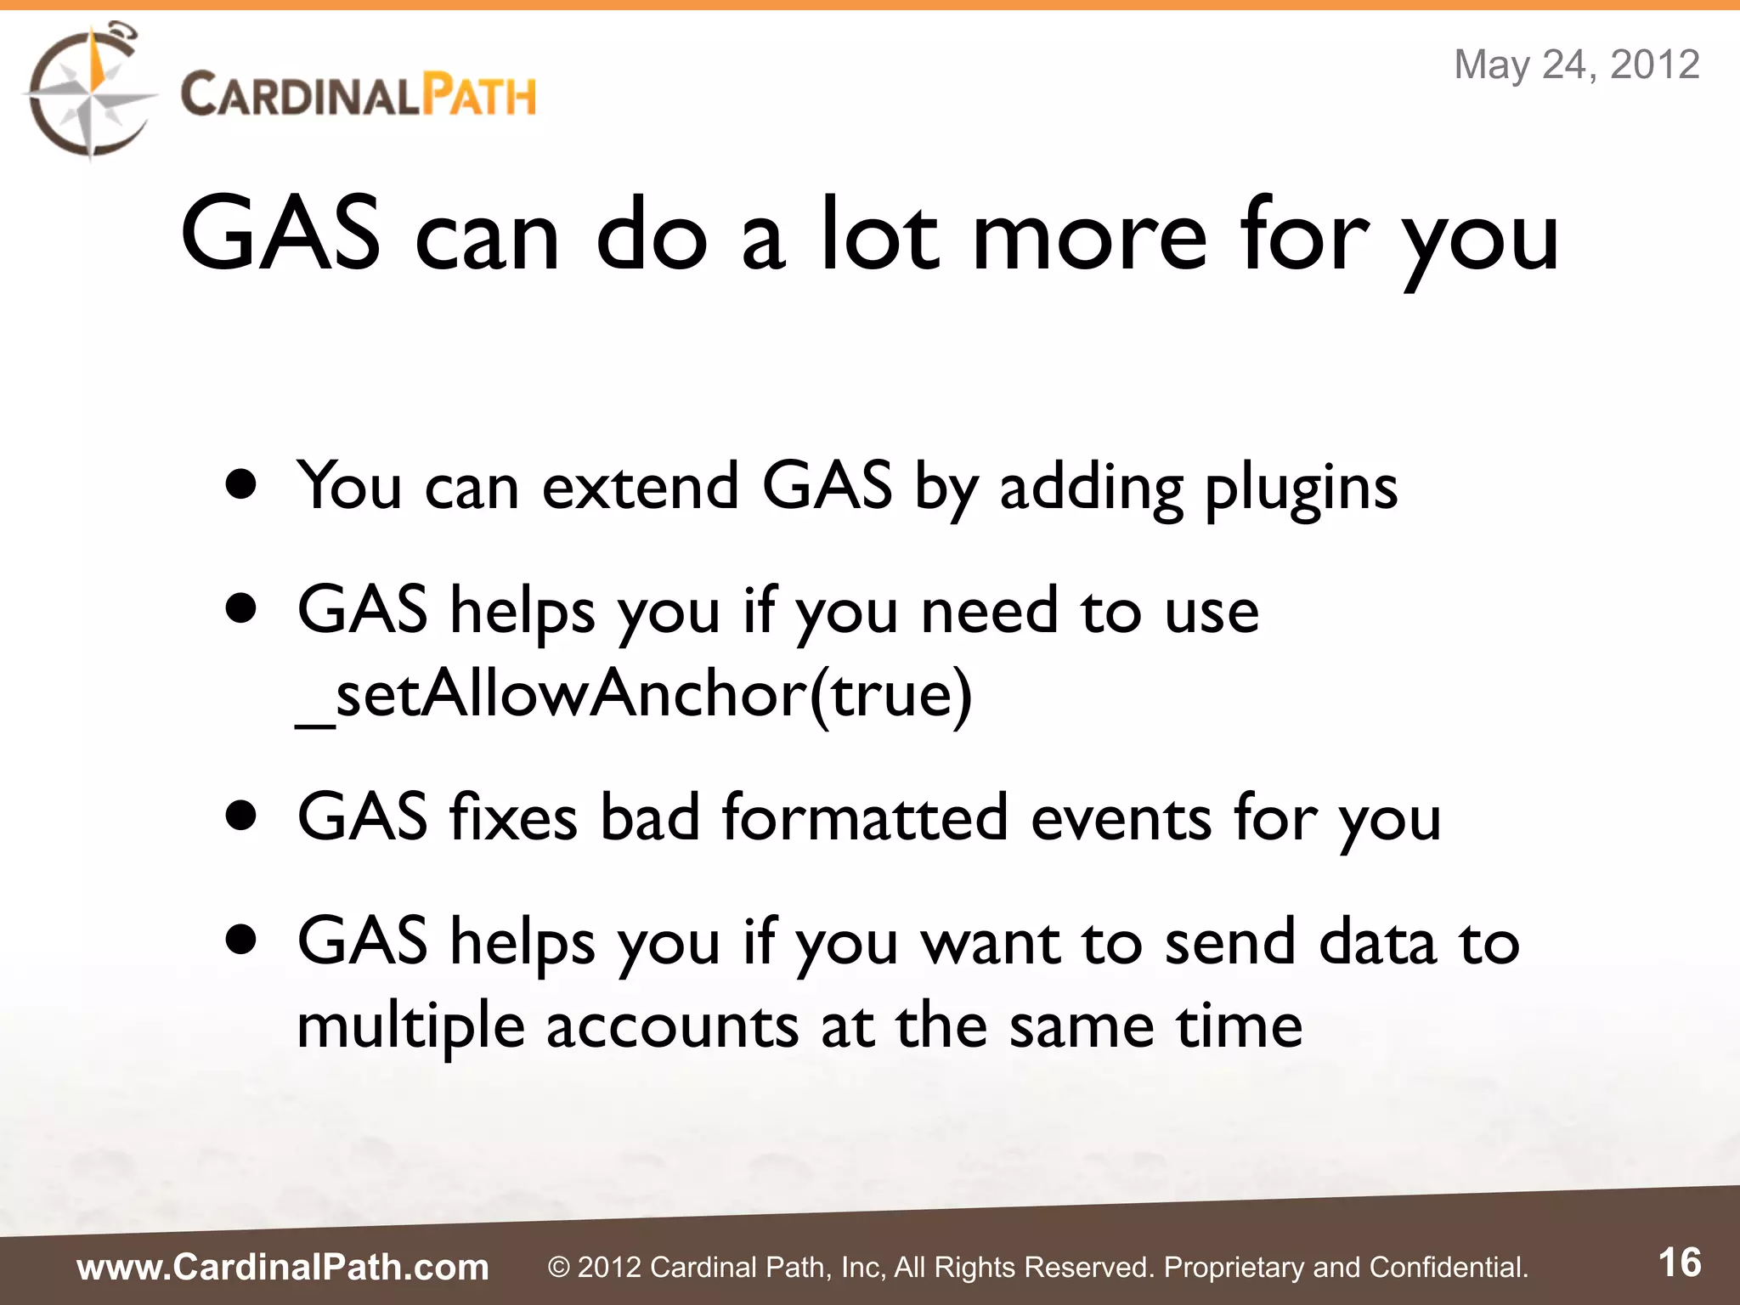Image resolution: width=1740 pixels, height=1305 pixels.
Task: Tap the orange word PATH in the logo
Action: tap(480, 95)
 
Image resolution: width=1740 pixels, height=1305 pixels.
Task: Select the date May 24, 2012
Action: tap(1577, 65)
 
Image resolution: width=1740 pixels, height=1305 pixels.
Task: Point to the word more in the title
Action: tap(1089, 236)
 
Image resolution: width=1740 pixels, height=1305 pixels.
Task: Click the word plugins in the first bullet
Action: tap(1301, 489)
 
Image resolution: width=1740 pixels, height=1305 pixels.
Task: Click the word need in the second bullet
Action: tap(990, 611)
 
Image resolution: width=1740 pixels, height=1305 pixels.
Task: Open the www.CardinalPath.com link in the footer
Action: tap(283, 1267)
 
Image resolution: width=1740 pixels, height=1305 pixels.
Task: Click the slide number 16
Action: tap(1680, 1263)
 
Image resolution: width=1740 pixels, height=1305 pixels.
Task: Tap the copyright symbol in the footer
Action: tap(558, 1268)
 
